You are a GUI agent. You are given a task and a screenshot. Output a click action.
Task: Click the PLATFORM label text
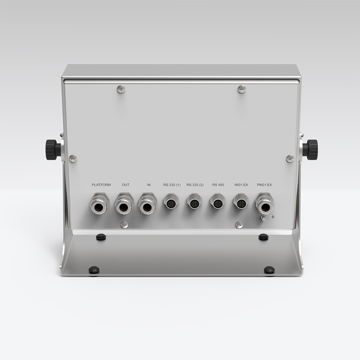(x=101, y=185)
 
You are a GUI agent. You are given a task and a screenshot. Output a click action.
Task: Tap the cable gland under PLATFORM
(x=100, y=204)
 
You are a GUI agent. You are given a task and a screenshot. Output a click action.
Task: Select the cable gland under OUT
(x=124, y=204)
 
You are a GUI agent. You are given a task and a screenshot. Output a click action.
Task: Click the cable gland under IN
(x=148, y=204)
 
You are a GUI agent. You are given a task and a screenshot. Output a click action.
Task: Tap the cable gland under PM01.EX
(x=265, y=204)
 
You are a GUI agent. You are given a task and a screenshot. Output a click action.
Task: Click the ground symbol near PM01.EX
(x=274, y=217)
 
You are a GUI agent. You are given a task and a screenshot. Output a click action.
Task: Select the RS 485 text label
(x=218, y=185)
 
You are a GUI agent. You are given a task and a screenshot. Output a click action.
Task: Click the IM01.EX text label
(x=241, y=185)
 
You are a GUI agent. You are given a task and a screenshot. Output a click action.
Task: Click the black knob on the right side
(x=310, y=149)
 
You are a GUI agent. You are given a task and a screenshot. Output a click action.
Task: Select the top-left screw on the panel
(x=121, y=89)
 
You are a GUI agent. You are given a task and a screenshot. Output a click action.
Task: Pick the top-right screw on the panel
(x=242, y=89)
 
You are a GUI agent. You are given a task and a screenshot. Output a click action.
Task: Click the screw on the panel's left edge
(x=73, y=158)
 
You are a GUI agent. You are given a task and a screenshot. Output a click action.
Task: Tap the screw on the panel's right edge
(x=290, y=158)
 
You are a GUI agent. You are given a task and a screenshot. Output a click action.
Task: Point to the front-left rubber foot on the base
(x=94, y=270)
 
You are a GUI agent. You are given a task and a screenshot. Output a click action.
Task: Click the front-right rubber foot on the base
(x=269, y=270)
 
